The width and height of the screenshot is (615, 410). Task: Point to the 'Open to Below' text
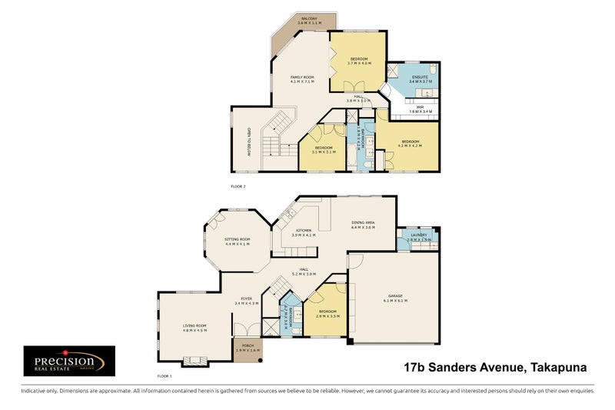coord(249,142)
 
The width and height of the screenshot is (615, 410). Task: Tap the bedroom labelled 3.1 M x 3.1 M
coord(322,149)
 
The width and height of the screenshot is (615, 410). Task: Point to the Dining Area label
coord(362,225)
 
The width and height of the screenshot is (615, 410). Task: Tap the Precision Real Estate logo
coord(69,361)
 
